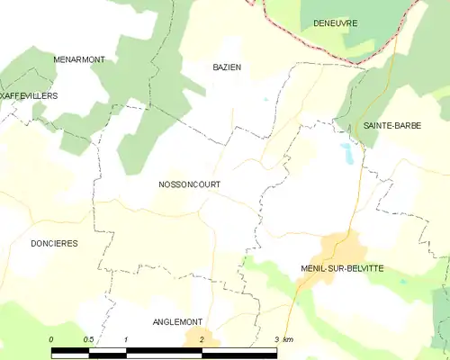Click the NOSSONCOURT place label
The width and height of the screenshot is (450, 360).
coord(189,184)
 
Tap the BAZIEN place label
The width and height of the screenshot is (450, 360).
coord(227,67)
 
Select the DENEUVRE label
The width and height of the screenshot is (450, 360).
coord(335,22)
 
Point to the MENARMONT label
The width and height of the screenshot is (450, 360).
coord(79,59)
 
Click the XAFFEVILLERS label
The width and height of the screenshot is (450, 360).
coord(29,94)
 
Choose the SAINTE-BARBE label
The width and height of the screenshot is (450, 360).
coord(391,126)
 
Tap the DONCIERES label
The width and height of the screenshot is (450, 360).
coord(54,243)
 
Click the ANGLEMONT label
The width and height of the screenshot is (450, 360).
coord(177,322)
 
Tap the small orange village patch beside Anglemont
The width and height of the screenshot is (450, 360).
coord(196,338)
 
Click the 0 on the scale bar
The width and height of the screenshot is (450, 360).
coord(51,339)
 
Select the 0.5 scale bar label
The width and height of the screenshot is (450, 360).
coord(88,339)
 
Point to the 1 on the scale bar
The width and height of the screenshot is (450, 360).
coord(126,339)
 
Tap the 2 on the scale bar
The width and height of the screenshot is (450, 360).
coord(202,339)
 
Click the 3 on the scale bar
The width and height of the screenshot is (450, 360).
coord(276,339)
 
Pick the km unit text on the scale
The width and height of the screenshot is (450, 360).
coord(288,339)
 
